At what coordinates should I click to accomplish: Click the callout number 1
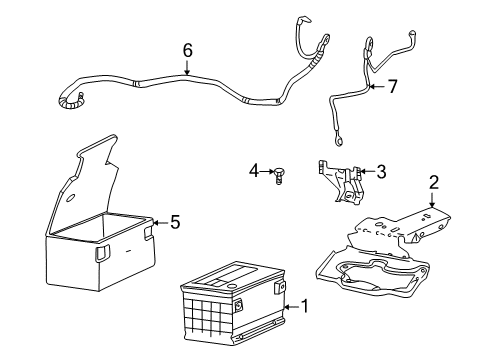pyautogui.click(x=306, y=304)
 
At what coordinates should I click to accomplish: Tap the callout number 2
pyautogui.click(x=433, y=181)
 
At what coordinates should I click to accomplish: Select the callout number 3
pyautogui.click(x=381, y=172)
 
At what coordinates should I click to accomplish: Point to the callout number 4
pyautogui.click(x=254, y=171)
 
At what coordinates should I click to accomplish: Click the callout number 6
pyautogui.click(x=187, y=49)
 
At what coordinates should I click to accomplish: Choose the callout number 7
pyautogui.click(x=392, y=87)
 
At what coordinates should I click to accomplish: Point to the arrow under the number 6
pyautogui.click(x=187, y=68)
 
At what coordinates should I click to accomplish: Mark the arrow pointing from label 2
pyautogui.click(x=433, y=200)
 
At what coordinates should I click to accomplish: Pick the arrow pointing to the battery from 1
pyautogui.click(x=290, y=304)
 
